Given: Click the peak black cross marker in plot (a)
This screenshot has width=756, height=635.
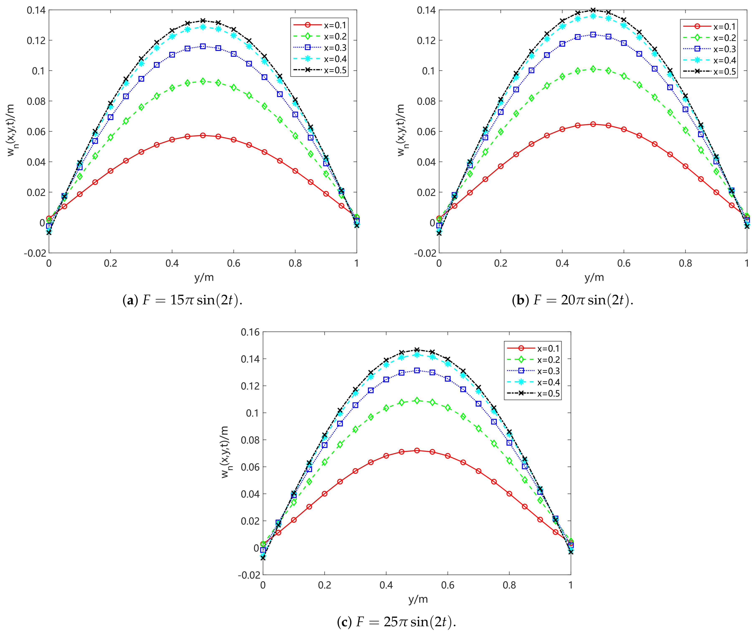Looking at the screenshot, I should click(203, 21).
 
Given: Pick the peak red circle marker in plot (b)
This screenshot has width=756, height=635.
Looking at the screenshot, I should click(593, 124).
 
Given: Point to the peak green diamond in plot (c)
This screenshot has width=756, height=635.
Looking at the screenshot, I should click(417, 400).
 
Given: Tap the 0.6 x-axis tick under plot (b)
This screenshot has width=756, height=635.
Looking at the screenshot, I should click(623, 263).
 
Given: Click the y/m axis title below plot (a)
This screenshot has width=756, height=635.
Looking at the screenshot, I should click(204, 277).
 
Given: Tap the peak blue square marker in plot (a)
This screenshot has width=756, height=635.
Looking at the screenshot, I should click(203, 46).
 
